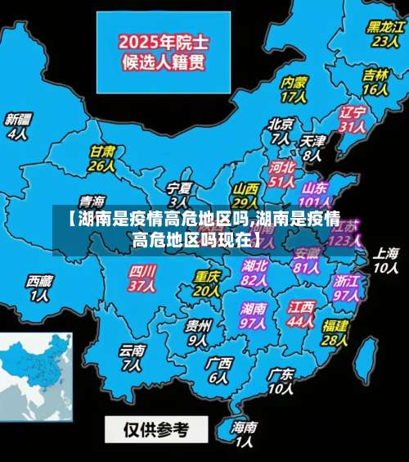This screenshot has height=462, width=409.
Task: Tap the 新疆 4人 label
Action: [x=17, y=125]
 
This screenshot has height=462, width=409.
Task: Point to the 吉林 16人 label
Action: [x=375, y=81]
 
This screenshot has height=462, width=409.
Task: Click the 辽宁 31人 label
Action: [x=353, y=119]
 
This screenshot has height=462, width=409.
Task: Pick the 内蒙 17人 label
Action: [x=293, y=89]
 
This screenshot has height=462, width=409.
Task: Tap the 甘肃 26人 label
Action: [x=101, y=158]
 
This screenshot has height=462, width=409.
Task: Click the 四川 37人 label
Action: [x=142, y=278]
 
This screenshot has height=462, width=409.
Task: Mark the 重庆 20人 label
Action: [x=207, y=283]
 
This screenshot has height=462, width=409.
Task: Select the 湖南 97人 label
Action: [x=254, y=316]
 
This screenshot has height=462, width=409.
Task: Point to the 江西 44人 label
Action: [x=300, y=315]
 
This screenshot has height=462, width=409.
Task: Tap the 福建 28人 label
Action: [x=335, y=332]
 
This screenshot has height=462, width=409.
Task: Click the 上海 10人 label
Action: [x=385, y=260]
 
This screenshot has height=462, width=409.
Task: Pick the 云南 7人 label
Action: [x=132, y=357]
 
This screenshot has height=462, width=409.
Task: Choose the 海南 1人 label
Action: [x=244, y=434]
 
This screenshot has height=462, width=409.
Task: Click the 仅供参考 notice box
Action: [x=155, y=428]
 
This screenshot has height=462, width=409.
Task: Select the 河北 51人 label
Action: [x=281, y=174]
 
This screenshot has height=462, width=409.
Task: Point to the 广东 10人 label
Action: [x=281, y=381]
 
